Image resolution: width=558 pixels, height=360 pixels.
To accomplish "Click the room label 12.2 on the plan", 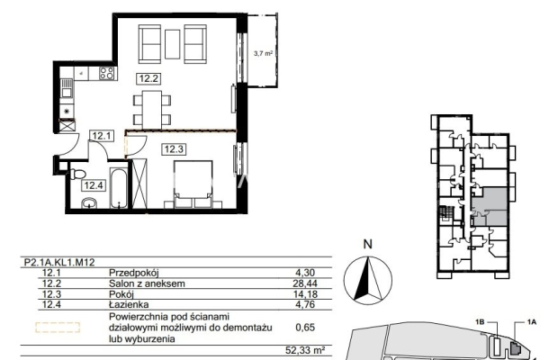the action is pyautogui.click(x=148, y=78).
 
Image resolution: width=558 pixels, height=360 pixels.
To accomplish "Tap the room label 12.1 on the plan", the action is pyautogui.click(x=102, y=136).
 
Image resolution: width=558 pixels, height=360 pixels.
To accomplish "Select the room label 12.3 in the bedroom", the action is pyautogui.click(x=174, y=149).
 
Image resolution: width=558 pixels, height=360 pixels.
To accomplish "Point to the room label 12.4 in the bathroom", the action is pyautogui.click(x=94, y=185).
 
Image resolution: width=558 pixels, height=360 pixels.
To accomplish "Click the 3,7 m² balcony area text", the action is pyautogui.click(x=263, y=54).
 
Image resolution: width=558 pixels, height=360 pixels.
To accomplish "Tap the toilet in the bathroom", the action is pyautogui.click(x=78, y=175).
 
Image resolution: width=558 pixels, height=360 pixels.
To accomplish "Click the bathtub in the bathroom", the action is pyautogui.click(x=118, y=188).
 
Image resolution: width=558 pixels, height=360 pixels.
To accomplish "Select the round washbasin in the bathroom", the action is pyautogui.click(x=89, y=203).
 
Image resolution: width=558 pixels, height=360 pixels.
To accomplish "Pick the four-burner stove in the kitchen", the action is pyautogui.click(x=107, y=73).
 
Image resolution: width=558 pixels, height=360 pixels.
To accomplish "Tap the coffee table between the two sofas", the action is pyautogui.click(x=173, y=44).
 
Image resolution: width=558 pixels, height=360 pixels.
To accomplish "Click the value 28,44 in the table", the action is pyautogui.click(x=306, y=283).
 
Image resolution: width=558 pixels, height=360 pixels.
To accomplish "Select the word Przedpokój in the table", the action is pyautogui.click(x=134, y=274).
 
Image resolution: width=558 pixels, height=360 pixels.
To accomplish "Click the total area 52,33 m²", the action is pyautogui.click(x=305, y=350).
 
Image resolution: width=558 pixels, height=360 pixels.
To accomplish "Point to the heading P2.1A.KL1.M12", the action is pyautogui.click(x=59, y=263).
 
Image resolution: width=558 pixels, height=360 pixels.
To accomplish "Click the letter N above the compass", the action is pyautogui.click(x=367, y=245).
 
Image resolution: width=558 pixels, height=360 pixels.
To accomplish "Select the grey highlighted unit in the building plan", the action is pyautogui.click(x=490, y=207).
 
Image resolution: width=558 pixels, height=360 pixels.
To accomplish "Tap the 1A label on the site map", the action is pyautogui.click(x=532, y=322).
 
